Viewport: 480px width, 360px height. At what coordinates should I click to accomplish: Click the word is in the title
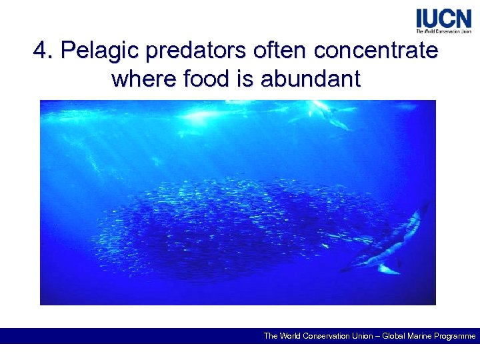[x=245, y=79]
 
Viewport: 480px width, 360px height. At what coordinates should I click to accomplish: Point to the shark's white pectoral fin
[x=387, y=269]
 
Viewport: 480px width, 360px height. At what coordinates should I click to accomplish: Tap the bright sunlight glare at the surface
[x=200, y=117]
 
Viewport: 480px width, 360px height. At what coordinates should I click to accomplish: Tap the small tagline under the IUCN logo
[x=443, y=31]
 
